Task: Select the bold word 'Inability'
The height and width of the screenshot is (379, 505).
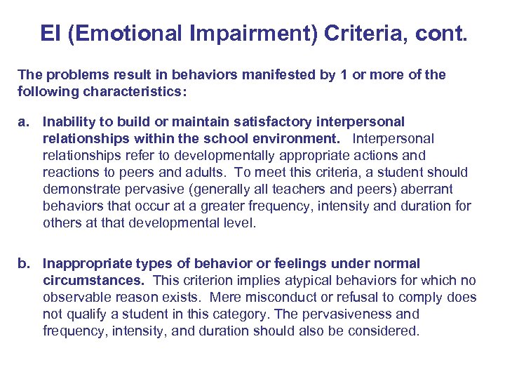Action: [x=67, y=122]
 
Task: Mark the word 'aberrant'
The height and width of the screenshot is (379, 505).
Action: [x=427, y=189]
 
